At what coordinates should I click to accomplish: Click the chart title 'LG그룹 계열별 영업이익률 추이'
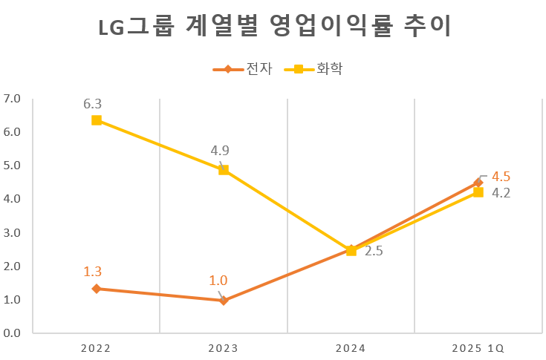pos(273,27)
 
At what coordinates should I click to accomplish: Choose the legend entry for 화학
pos(317,69)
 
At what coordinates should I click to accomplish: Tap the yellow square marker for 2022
pos(97,120)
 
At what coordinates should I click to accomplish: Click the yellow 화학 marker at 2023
pos(224,170)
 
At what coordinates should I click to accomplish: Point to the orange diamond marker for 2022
pos(97,289)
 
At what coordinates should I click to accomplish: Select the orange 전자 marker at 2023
pos(224,301)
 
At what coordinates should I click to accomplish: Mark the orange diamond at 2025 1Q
pos(478,183)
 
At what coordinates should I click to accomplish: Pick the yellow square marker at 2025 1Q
pos(478,192)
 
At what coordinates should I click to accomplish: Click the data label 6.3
pos(93,103)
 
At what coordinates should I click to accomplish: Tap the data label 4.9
pos(220,151)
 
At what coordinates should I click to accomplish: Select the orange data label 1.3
pos(93,272)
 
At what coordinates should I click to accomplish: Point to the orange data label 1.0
pos(218,281)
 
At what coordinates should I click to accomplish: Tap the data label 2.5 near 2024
pos(374,252)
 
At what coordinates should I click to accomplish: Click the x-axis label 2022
pos(97,348)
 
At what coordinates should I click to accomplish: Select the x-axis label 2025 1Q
pos(478,348)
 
